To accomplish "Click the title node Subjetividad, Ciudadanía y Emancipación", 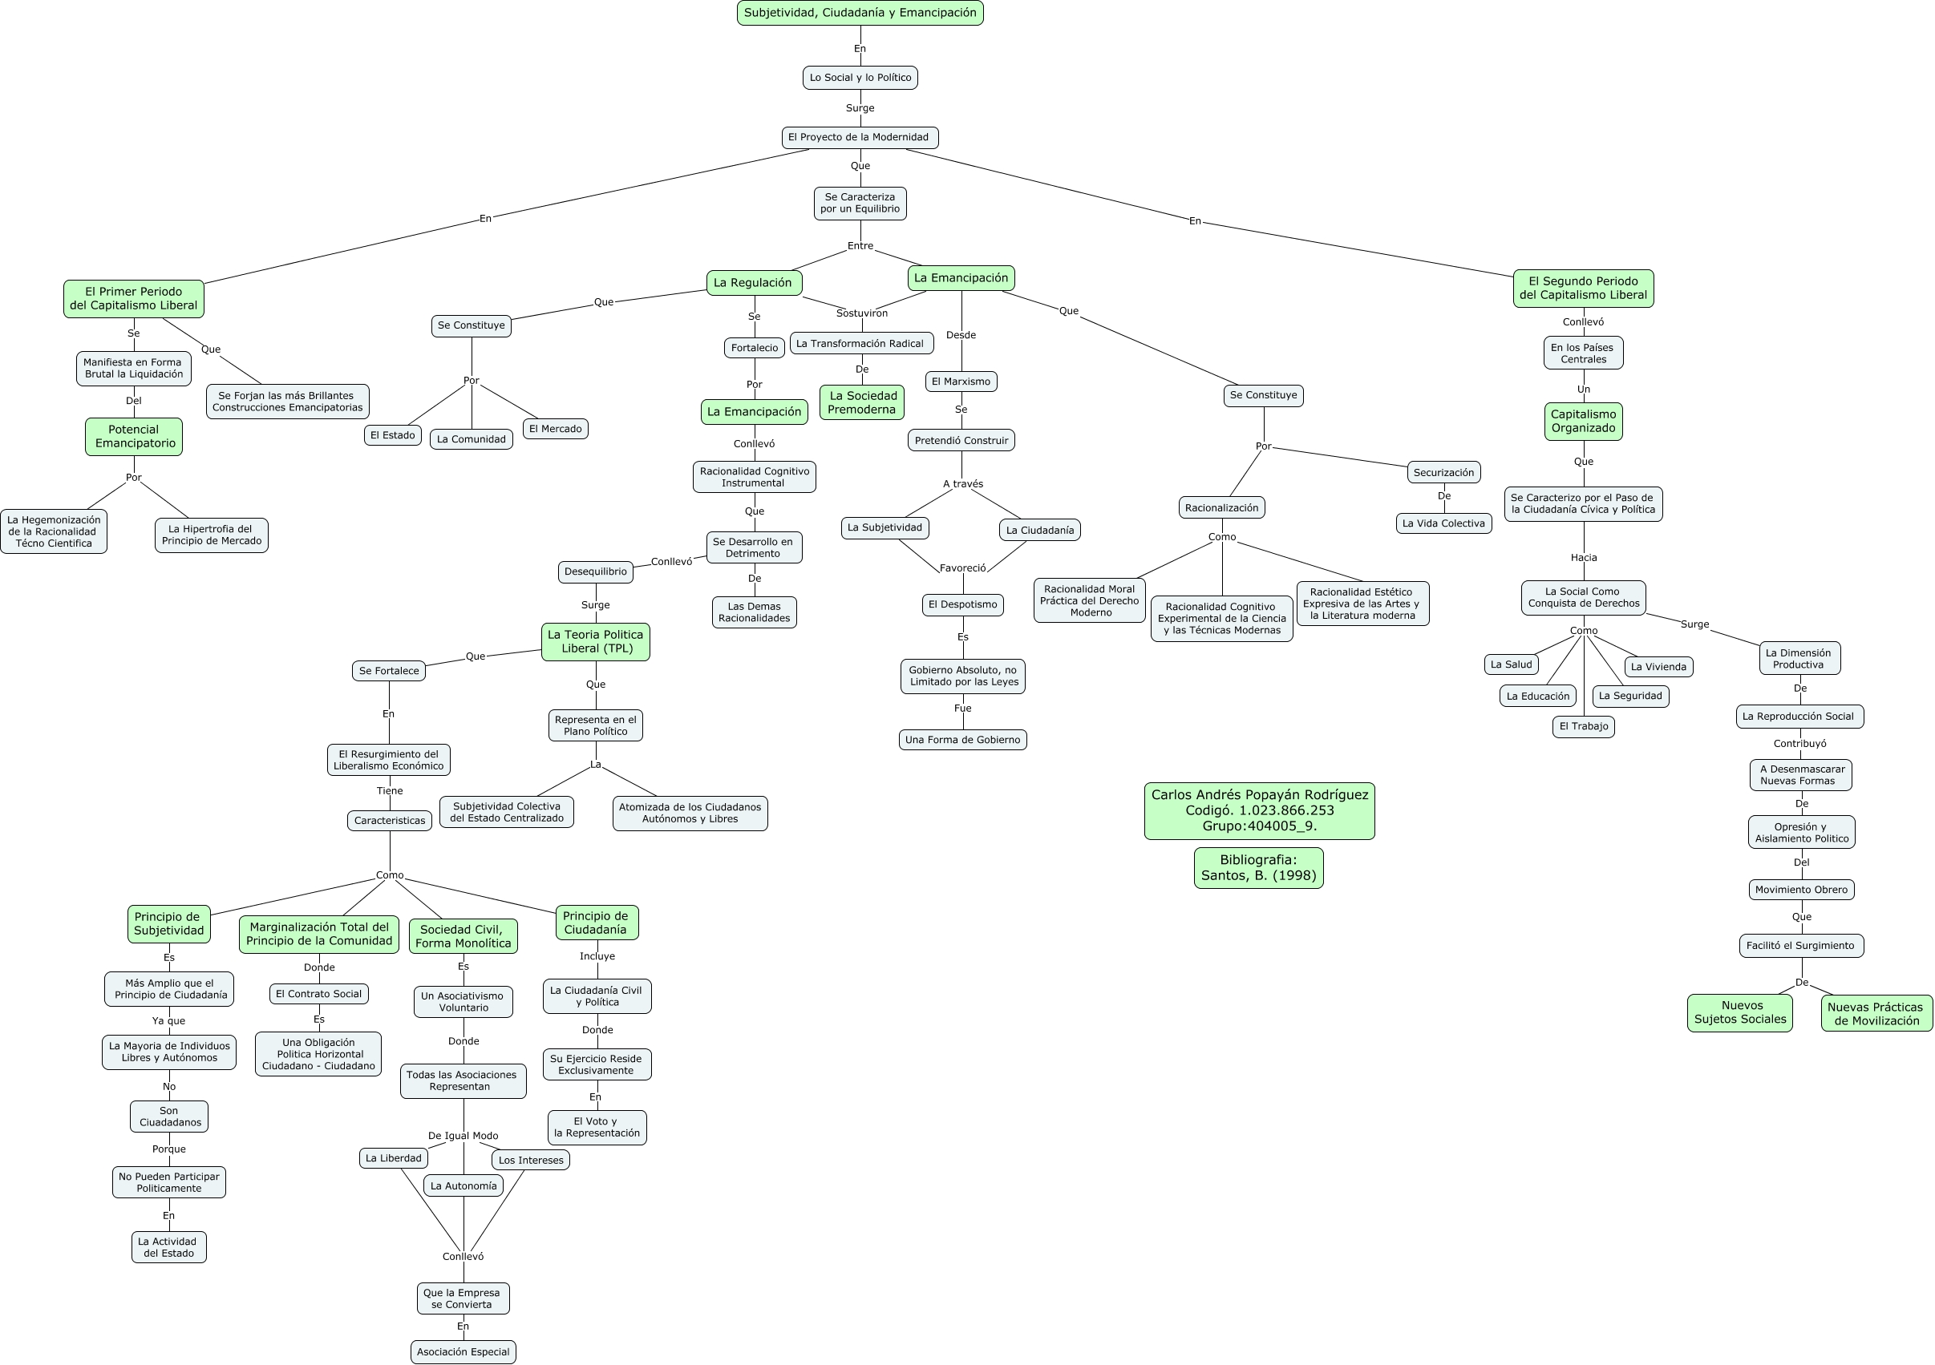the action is (x=860, y=13).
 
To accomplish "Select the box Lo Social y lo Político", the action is (x=860, y=78).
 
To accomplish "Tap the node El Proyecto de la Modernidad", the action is (x=860, y=137).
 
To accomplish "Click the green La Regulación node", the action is (x=754, y=282).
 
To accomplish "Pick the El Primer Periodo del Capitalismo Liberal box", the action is (x=133, y=298).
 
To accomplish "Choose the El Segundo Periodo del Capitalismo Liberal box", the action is (x=1583, y=289).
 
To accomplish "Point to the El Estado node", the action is (x=393, y=434).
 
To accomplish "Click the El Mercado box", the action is (x=556, y=429).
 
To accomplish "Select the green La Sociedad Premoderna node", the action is (x=861, y=402).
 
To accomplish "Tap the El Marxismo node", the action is (x=961, y=381).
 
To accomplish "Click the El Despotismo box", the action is (x=962, y=604).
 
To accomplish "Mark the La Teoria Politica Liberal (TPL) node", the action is (x=595, y=641).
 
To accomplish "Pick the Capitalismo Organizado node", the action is (x=1583, y=421).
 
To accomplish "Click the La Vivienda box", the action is (x=1658, y=667).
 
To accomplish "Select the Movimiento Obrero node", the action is (x=1801, y=889).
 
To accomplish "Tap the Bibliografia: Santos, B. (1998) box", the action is (x=1258, y=867).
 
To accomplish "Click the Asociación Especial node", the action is (x=463, y=1351).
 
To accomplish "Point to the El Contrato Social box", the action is (x=318, y=993).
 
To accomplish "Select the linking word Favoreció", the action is (x=962, y=568).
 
